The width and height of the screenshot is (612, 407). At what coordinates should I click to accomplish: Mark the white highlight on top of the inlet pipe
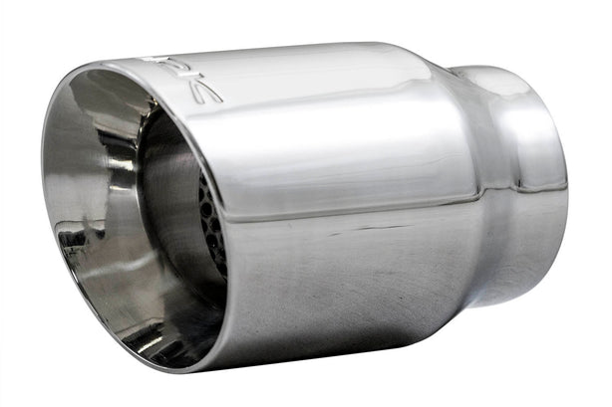[498, 80]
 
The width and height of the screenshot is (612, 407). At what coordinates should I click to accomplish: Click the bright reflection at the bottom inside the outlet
[150, 318]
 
